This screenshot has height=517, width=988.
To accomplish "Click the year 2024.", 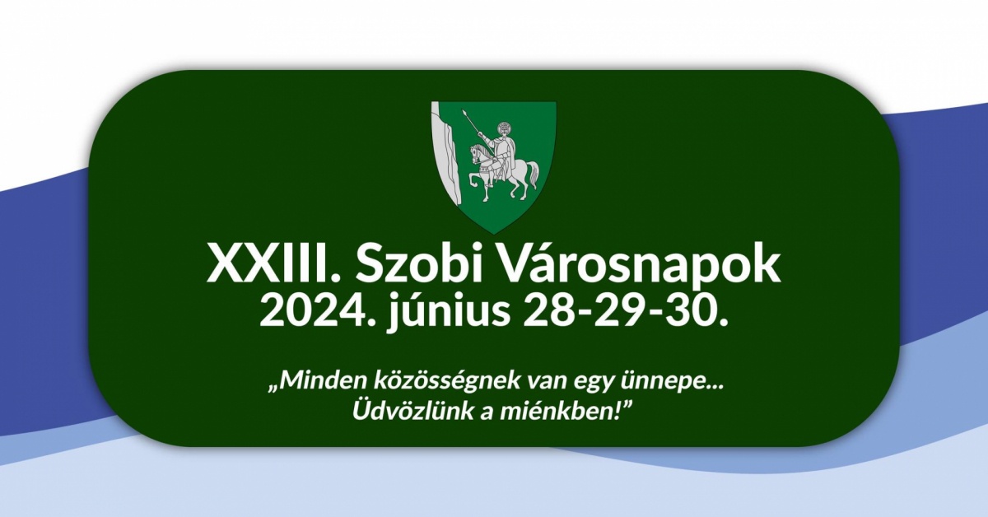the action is pos(316,310).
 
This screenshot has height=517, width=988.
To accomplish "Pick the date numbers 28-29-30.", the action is pos(625,310).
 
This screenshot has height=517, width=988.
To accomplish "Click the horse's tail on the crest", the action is pos(534,174).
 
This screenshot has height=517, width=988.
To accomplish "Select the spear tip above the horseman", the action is pos(464,113).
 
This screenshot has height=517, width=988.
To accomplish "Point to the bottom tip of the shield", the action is pos(493,233).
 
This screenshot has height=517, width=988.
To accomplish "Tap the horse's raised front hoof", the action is pos(471,186).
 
